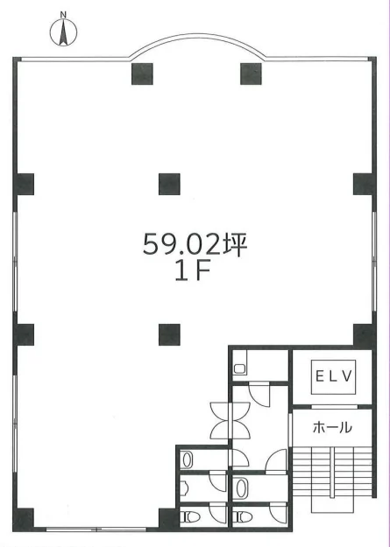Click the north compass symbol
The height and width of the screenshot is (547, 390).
tap(63, 31)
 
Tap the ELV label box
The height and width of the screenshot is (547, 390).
tap(333, 376)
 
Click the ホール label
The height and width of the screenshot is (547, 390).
tap(332, 427)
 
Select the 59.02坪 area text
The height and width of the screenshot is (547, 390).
tap(195, 244)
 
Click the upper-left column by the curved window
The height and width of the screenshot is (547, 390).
tap(142, 74)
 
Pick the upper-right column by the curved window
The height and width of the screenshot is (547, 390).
tap(251, 74)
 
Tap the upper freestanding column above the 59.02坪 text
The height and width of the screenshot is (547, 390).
tap(169, 184)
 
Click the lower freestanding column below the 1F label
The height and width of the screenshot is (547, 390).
tap(169, 334)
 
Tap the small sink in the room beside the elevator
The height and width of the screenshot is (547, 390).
tap(240, 368)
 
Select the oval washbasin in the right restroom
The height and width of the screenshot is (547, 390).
tap(241, 488)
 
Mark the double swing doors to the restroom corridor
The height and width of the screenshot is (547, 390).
tap(230, 420)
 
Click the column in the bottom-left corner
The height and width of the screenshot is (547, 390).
tap(24, 519)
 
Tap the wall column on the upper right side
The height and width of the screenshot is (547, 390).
tap(364, 184)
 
